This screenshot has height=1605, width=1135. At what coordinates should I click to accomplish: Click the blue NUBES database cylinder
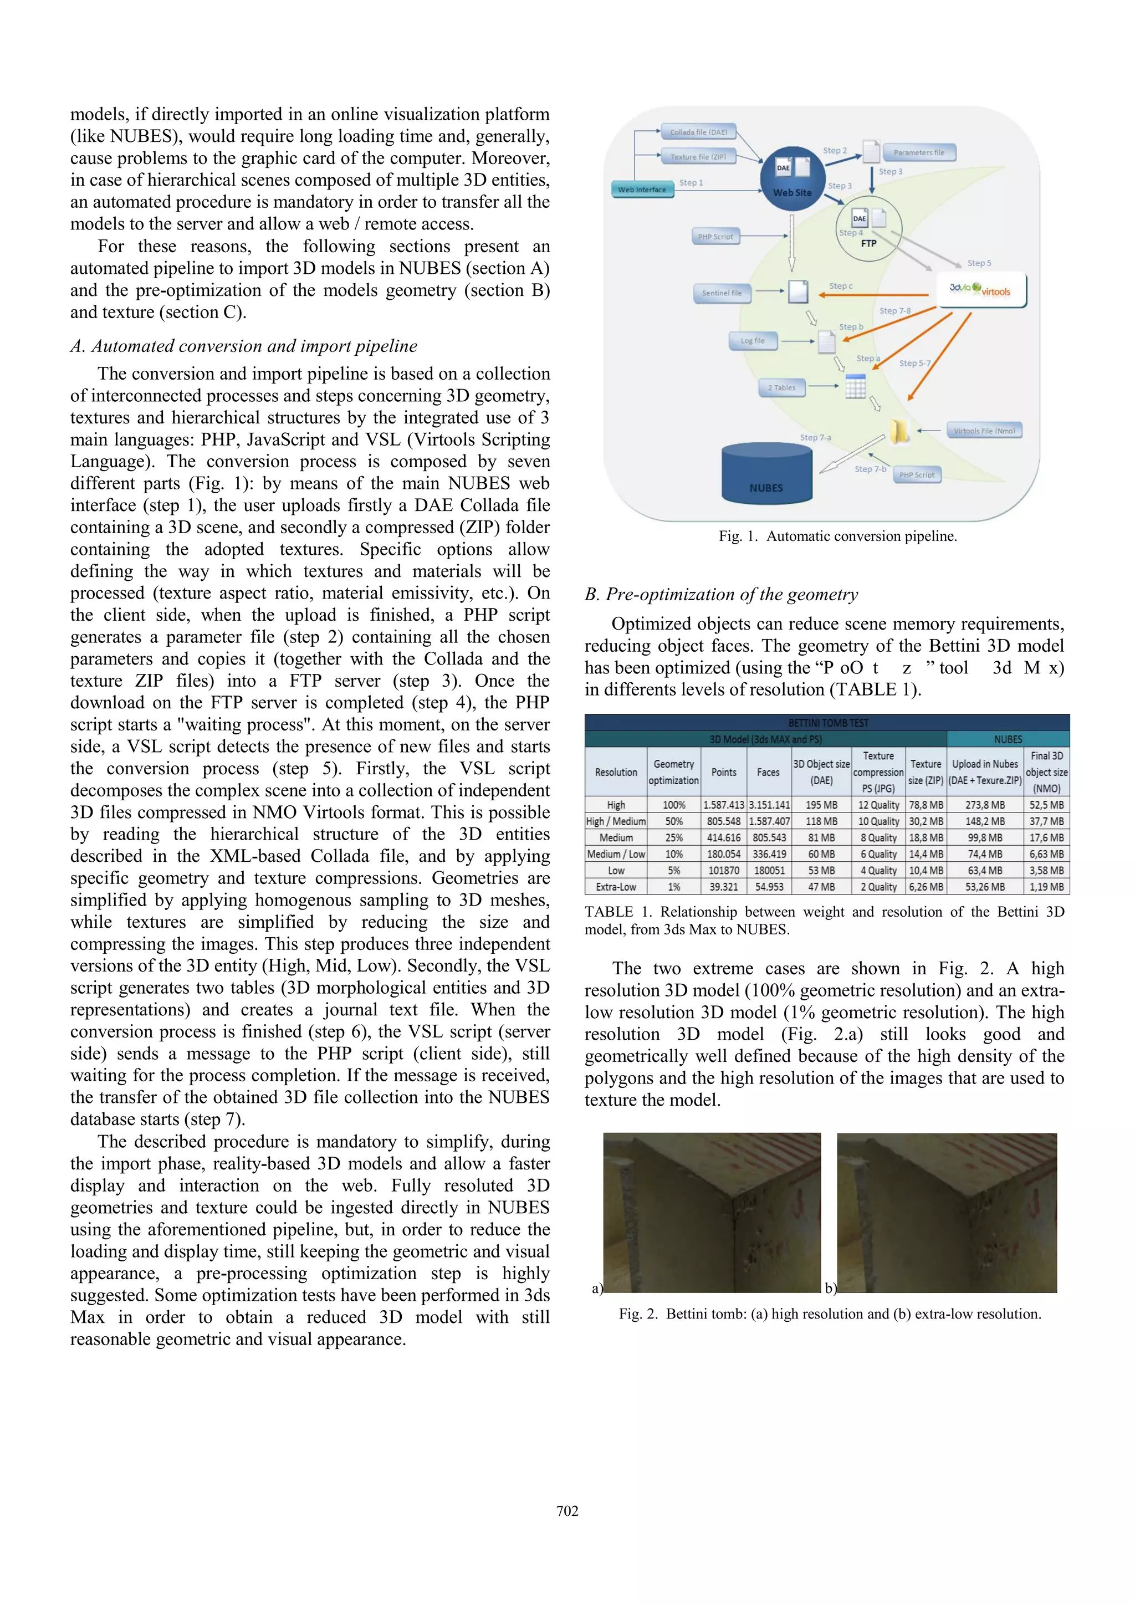click(766, 473)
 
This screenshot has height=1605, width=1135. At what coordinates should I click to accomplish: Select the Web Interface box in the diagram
click(642, 190)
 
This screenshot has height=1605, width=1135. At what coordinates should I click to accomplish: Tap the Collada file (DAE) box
click(698, 131)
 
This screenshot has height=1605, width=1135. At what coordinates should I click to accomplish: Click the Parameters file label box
click(918, 152)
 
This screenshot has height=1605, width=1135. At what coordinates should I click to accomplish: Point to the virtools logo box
click(981, 290)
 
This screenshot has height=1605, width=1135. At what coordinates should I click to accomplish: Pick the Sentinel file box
click(722, 293)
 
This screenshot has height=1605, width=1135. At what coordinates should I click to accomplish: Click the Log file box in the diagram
click(753, 340)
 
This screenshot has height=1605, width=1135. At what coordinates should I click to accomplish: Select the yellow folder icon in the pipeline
click(899, 432)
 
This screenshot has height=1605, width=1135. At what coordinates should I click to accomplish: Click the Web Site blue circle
click(793, 180)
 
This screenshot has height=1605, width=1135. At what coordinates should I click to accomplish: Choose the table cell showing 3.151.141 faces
click(769, 805)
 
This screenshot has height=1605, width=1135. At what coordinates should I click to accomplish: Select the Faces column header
click(768, 772)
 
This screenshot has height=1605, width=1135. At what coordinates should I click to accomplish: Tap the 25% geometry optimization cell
click(674, 837)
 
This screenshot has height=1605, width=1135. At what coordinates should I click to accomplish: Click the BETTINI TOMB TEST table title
click(827, 722)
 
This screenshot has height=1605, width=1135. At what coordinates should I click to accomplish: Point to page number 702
click(567, 1511)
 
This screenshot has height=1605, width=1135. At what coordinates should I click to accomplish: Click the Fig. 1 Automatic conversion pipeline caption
click(837, 536)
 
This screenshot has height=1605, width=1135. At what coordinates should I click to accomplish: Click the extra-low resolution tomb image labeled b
click(947, 1213)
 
